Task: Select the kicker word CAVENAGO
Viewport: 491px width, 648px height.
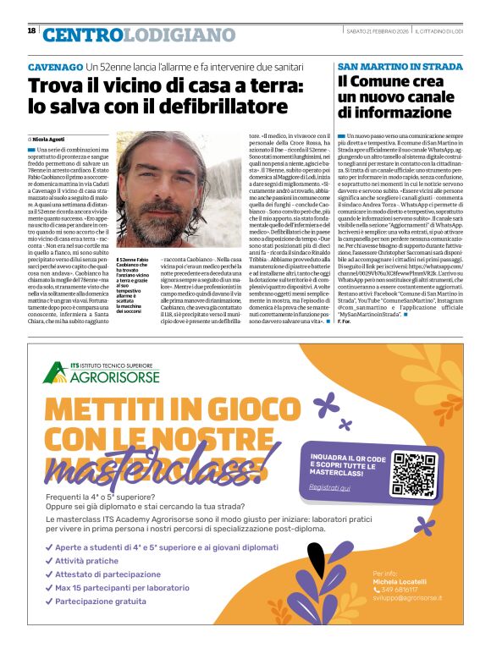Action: (x=55, y=67)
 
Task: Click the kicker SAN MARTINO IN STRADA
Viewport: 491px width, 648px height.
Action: (x=388, y=66)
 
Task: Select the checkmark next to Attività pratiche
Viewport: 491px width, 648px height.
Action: (x=49, y=560)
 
